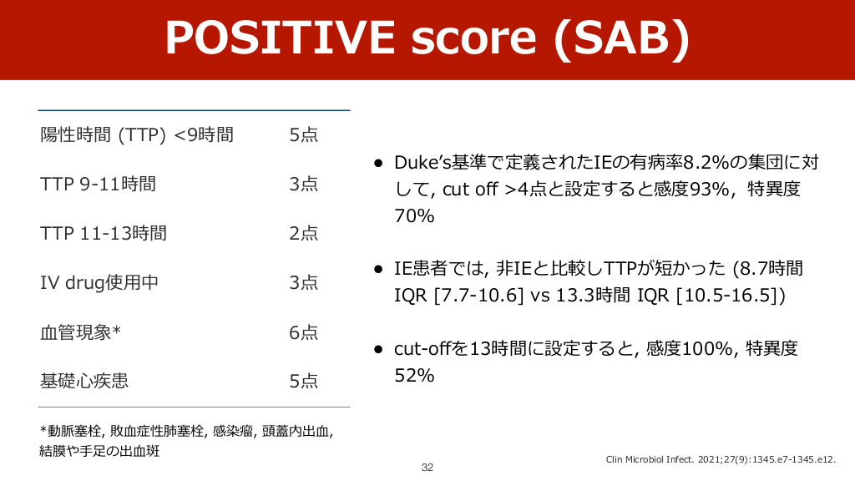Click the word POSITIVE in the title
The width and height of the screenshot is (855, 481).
tap(281, 38)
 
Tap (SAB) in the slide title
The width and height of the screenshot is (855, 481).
tap(621, 38)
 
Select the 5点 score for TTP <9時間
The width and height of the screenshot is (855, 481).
tap(304, 134)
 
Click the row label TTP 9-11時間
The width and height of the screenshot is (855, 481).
tap(99, 184)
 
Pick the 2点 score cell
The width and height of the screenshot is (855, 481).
tap(304, 234)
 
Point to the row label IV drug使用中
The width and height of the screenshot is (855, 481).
tap(99, 282)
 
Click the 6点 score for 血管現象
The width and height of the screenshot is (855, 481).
tap(304, 332)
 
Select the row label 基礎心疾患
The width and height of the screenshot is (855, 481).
tap(84, 381)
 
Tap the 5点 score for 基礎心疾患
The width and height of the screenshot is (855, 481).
tap(304, 381)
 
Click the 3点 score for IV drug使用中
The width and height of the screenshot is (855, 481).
tap(304, 282)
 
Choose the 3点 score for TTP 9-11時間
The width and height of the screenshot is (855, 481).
tap(304, 184)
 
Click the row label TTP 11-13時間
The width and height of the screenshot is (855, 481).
tap(104, 234)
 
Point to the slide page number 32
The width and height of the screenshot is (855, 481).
tap(427, 468)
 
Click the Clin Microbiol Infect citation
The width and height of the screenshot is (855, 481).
tap(721, 459)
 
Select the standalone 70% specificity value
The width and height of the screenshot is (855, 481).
tap(414, 216)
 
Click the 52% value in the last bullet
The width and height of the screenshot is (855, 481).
tap(414, 375)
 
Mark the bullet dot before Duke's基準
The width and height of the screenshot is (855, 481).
tap(378, 163)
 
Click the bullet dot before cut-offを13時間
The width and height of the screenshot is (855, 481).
tap(378, 349)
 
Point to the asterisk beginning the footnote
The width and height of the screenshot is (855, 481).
tap(43, 429)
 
